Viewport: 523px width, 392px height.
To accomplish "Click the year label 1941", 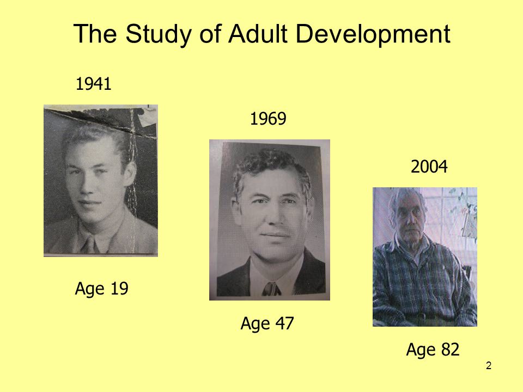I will tap(94, 84).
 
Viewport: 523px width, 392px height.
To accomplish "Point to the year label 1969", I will tap(268, 119).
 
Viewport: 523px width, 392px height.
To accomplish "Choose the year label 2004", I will tap(429, 167).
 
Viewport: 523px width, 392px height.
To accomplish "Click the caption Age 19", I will tap(101, 288).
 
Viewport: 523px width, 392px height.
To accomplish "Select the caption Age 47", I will tap(267, 324).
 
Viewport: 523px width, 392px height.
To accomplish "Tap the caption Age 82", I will tap(433, 350).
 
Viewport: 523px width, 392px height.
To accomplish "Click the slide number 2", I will tap(489, 365).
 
